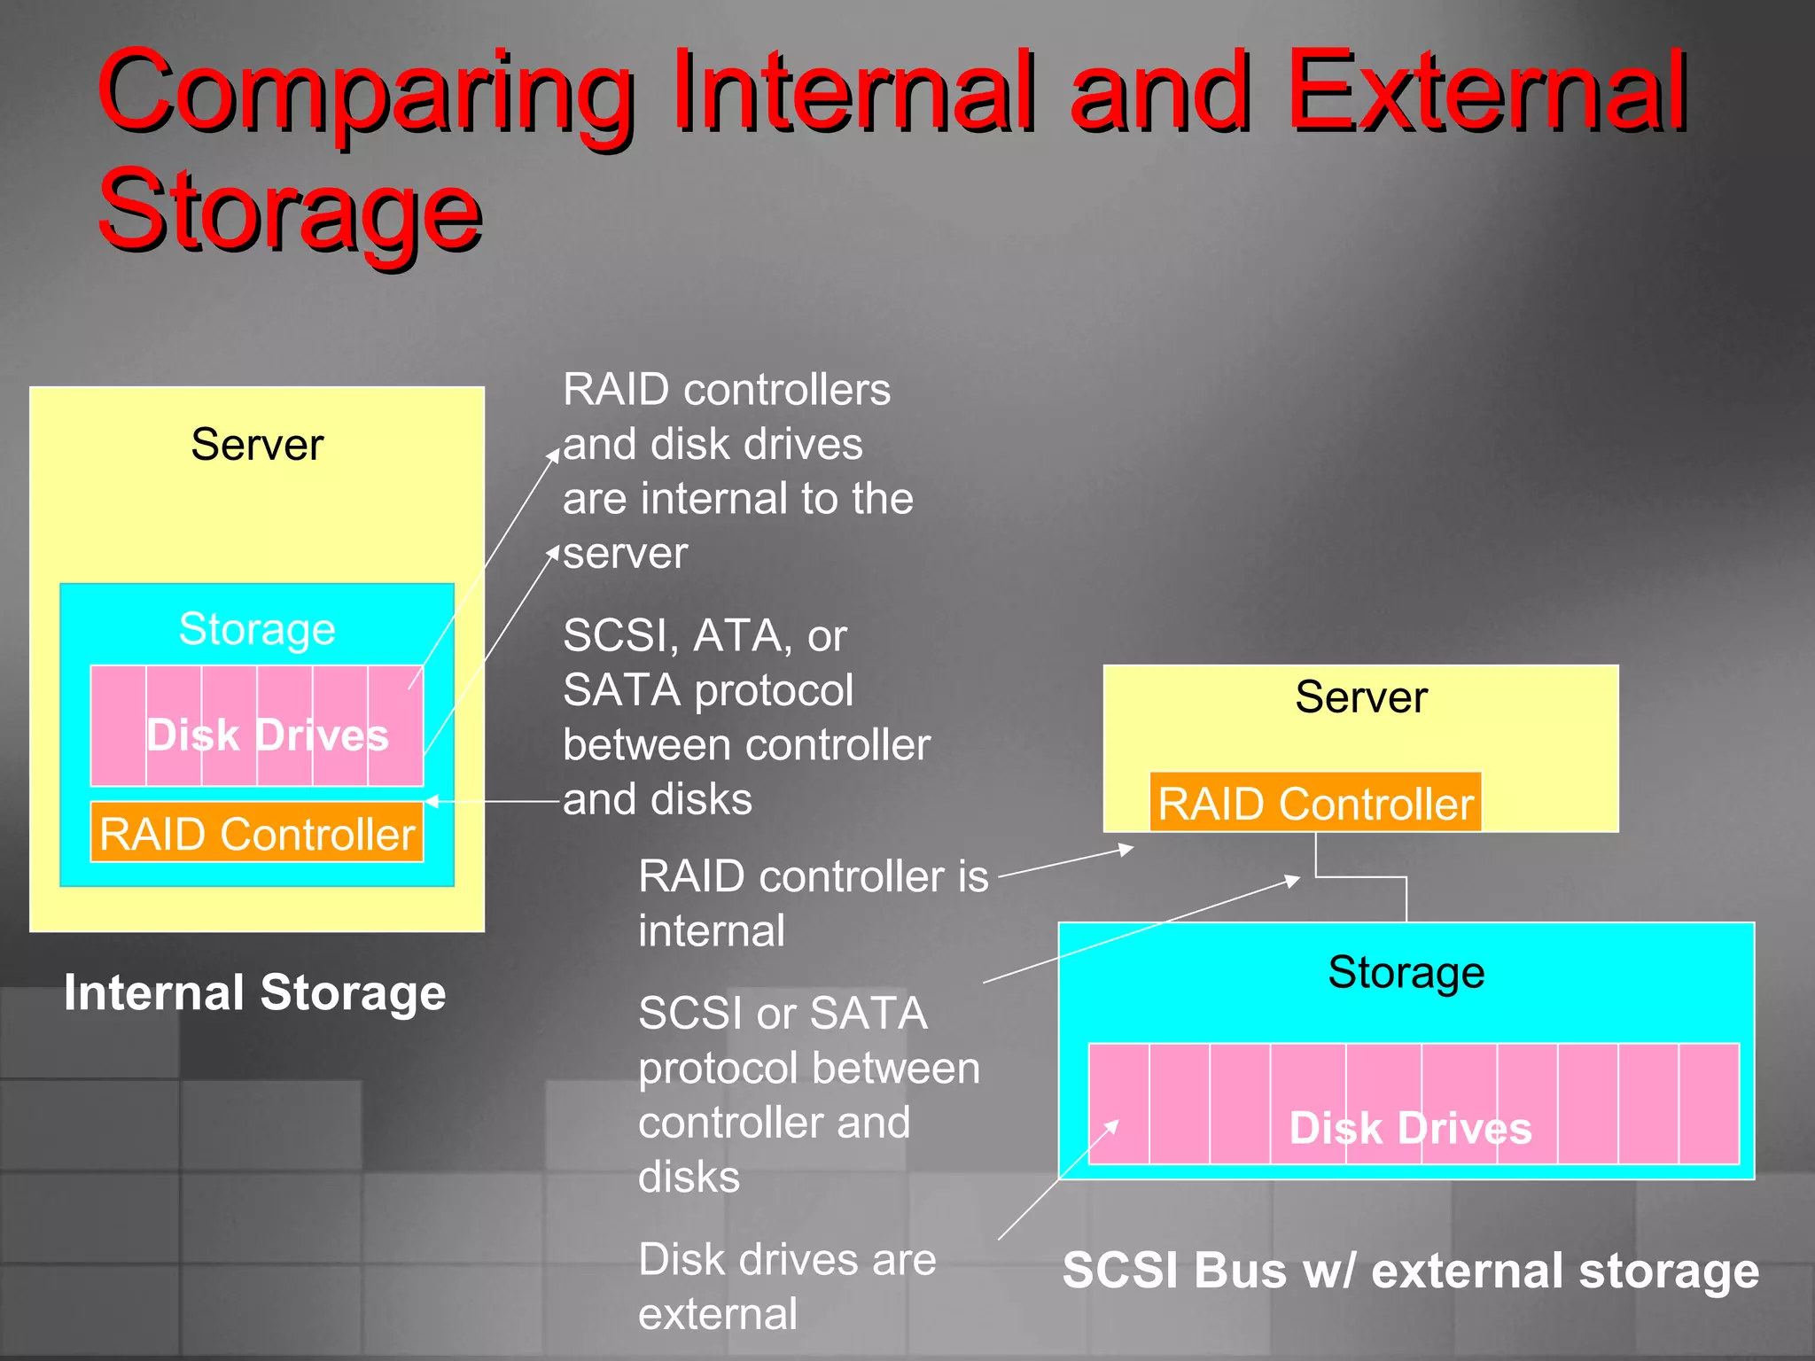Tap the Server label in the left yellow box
click(257, 445)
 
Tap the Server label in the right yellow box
click(1360, 697)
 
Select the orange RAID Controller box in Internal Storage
click(257, 833)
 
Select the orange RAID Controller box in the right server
click(1315, 803)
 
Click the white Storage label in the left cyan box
click(257, 630)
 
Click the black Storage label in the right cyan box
click(1406, 972)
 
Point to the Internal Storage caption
click(255, 992)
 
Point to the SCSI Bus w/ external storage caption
click(1410, 1271)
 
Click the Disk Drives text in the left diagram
click(268, 735)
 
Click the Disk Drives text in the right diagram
click(1410, 1128)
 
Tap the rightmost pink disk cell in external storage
click(1709, 1103)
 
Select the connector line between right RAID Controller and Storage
click(1361, 877)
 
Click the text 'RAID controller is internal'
click(813, 903)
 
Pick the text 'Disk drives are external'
click(787, 1286)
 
